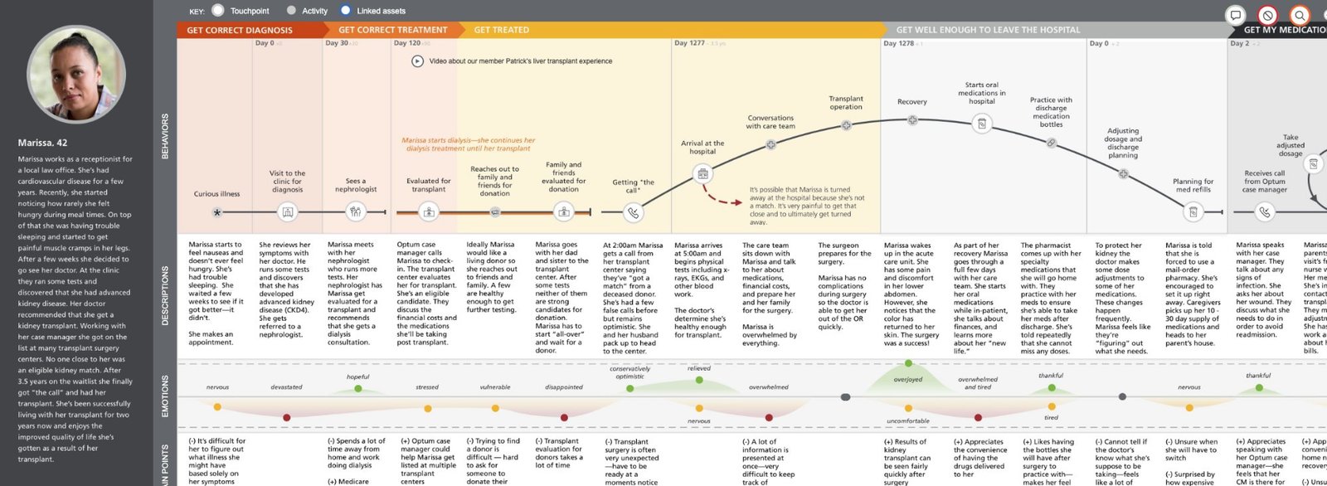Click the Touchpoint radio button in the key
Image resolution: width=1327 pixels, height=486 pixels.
(x=218, y=11)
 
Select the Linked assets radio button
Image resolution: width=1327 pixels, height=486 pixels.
(x=346, y=11)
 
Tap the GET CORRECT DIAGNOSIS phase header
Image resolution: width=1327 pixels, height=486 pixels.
(x=240, y=30)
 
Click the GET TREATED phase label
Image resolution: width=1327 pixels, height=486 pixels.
(x=501, y=30)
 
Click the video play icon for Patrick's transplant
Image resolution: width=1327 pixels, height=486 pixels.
(x=417, y=61)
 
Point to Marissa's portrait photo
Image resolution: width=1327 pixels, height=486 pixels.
(x=76, y=75)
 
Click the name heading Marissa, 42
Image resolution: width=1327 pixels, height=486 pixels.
(x=43, y=143)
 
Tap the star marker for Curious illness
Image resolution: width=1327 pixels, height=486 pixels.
(x=217, y=212)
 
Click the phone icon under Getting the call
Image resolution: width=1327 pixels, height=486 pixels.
(x=633, y=212)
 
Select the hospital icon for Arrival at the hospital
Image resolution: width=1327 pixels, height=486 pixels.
(x=702, y=174)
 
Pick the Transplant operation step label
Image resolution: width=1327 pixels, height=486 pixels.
(x=846, y=103)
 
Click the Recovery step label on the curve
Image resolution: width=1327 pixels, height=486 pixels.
(x=911, y=102)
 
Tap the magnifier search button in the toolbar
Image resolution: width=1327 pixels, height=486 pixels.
(x=1300, y=15)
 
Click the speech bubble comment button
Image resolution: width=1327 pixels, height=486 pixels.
(x=1235, y=15)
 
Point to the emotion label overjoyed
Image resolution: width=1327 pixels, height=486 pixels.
(x=908, y=380)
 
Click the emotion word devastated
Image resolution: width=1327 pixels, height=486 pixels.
(x=286, y=387)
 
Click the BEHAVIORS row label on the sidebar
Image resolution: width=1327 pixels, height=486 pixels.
(x=164, y=137)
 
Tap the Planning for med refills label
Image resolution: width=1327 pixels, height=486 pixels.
(x=1193, y=185)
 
